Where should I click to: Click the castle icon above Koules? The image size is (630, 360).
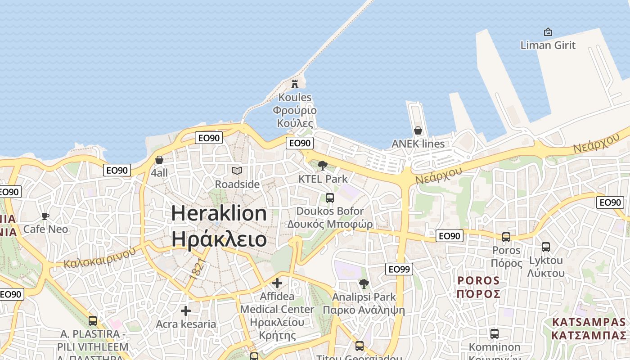pos(295,84)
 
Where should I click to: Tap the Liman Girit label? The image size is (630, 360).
pos(548,45)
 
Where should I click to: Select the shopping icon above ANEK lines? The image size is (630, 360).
pos(418,131)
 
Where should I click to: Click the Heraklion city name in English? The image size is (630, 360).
pos(219,213)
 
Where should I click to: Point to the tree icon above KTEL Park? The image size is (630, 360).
pos(322,166)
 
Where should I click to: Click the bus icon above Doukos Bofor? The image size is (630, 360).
pos(330,198)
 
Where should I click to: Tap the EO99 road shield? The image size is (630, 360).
pos(399,269)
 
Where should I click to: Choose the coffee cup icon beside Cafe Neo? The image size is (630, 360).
pos(45,216)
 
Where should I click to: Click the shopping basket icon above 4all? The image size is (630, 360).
pos(159,160)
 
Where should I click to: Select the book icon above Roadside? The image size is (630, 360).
pos(237,171)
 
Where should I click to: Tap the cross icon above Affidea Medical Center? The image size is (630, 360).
pos(277,283)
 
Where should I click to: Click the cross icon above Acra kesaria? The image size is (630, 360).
pos(185,311)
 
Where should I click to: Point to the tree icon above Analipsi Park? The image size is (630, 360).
pos(364,284)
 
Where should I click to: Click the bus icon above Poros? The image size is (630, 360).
pos(506,237)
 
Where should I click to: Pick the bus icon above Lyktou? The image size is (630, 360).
pos(546,247)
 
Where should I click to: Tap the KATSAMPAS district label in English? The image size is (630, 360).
pos(589,322)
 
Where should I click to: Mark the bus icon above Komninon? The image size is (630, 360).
pos(494,334)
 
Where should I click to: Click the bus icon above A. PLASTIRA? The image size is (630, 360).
pos(93,321)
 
